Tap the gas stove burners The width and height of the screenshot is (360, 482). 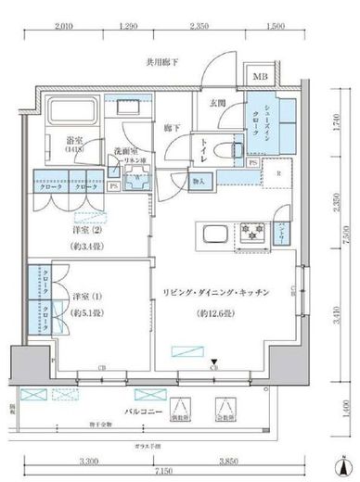tap(250, 233)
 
